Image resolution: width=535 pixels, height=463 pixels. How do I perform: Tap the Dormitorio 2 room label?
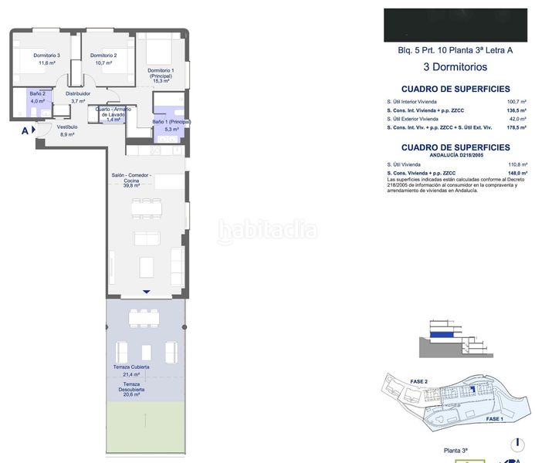[103, 56]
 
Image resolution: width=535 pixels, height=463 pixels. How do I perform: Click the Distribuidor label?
[78, 93]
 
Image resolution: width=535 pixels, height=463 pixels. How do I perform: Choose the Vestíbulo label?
[67, 127]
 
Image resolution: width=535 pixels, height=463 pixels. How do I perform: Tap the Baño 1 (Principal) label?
[171, 122]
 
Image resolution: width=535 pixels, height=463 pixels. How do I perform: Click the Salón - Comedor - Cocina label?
[132, 180]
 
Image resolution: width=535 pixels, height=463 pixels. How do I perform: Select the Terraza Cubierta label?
[130, 367]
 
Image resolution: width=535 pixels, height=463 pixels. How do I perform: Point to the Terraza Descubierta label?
[130, 387]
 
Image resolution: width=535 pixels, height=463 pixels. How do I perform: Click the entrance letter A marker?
[25, 131]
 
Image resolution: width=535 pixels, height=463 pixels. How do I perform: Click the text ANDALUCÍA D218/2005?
[449, 154]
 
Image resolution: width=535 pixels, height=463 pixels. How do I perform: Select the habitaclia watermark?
[267, 229]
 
